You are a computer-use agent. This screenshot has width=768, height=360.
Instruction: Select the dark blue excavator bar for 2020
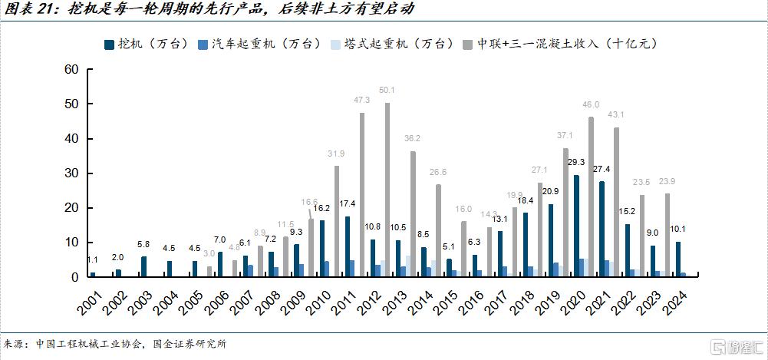[576, 226]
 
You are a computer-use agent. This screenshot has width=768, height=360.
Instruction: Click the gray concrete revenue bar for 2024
[667, 235]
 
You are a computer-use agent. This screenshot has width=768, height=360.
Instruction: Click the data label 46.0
[590, 104]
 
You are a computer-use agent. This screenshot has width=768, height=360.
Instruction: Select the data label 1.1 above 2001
[92, 259]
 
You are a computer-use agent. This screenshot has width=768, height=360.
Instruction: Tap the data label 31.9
[336, 154]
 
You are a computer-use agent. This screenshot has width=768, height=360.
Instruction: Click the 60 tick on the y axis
[72, 69]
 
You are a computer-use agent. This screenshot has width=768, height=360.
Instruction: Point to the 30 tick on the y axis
[72, 173]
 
